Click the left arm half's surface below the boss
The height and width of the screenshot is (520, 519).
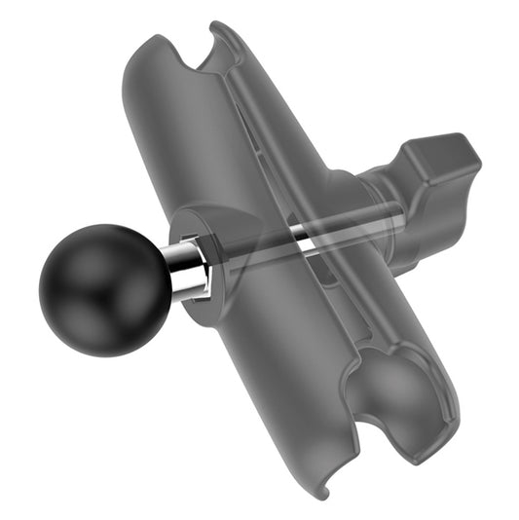point(263,380)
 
